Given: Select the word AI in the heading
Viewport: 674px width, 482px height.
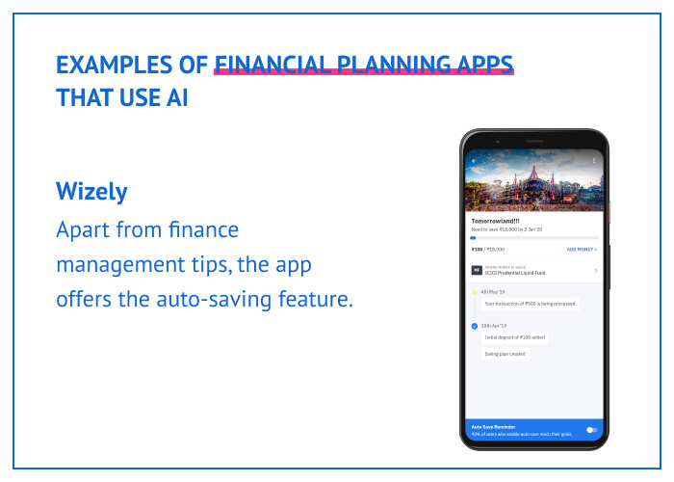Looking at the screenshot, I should pyautogui.click(x=174, y=98).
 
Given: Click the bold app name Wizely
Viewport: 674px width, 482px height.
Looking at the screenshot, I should pyautogui.click(x=91, y=191).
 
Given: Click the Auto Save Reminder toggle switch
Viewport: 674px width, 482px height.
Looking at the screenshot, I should pyautogui.click(x=590, y=429).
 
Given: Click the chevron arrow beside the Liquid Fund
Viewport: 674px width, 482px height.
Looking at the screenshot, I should pyautogui.click(x=595, y=271).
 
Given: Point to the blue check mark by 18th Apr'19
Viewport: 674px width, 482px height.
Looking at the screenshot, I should pyautogui.click(x=474, y=326).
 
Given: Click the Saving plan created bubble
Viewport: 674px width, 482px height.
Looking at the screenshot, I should pyautogui.click(x=505, y=354).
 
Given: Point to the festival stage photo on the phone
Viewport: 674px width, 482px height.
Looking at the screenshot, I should pyautogui.click(x=533, y=183).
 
